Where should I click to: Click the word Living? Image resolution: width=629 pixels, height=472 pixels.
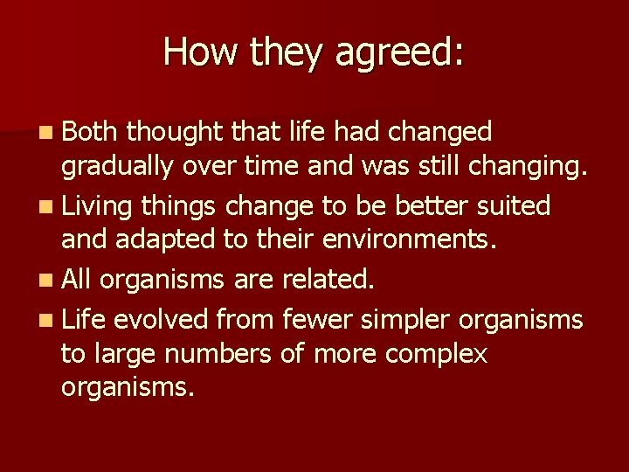coord(97,207)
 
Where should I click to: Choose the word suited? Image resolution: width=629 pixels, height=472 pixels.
coord(516,206)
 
